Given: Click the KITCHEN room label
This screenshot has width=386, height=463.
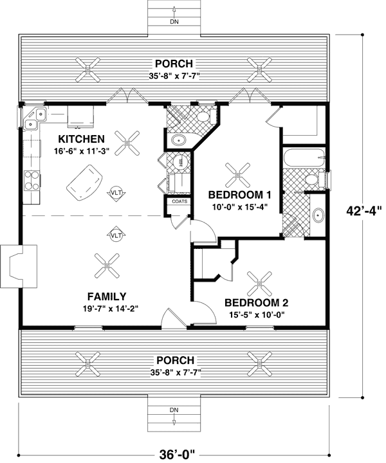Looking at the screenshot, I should click(x=81, y=139).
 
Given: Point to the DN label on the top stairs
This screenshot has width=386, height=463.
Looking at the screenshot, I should click(x=174, y=21).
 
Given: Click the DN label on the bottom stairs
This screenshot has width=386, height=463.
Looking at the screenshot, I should click(x=174, y=410).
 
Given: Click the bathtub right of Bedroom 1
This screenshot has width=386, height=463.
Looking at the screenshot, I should click(x=302, y=158).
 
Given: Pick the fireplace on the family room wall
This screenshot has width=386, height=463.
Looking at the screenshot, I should click(x=13, y=266).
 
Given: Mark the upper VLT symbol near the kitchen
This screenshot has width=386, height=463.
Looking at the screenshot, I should click(x=116, y=192).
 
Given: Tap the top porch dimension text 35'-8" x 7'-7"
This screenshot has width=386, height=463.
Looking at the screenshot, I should click(x=173, y=75).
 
